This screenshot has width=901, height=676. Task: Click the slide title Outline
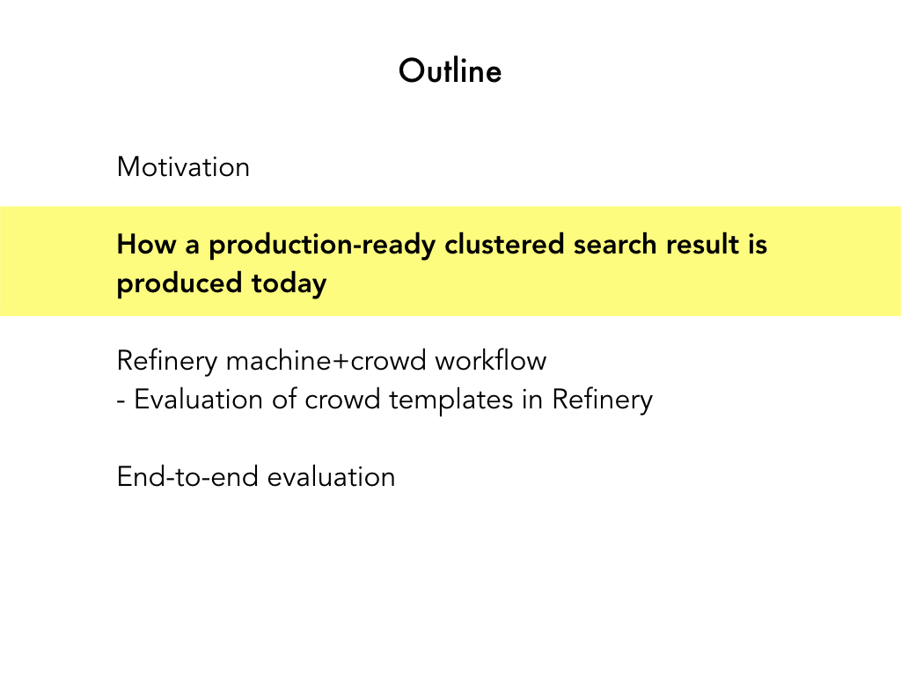point(450,70)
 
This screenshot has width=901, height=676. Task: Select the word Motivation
point(183,167)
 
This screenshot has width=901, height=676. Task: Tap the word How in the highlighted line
point(147,245)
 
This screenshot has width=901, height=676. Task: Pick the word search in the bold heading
point(615,245)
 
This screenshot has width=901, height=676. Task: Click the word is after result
point(758,245)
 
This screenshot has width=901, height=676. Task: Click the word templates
point(451,400)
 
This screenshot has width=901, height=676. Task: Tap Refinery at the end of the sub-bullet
point(602,400)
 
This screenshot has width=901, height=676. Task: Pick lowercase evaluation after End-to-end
point(332,477)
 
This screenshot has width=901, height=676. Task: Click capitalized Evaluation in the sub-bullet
point(198,400)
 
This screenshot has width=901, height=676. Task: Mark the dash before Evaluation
point(121,401)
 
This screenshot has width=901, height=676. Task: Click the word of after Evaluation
point(284,400)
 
